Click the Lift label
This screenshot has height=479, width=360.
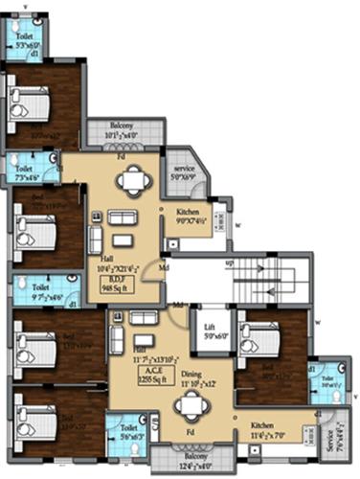(x=209, y=328)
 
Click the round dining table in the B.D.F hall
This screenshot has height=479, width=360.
(x=133, y=176)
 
